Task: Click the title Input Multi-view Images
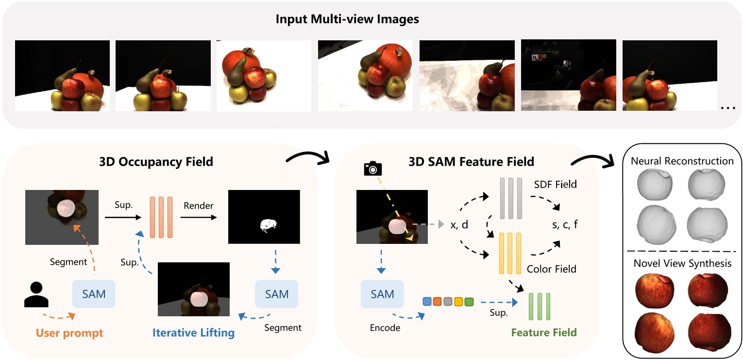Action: (347, 20)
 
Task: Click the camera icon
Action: (372, 168)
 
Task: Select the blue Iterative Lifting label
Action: (194, 333)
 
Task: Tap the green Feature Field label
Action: (544, 333)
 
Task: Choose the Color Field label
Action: (552, 269)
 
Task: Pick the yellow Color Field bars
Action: (510, 253)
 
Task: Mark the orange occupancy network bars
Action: (161, 217)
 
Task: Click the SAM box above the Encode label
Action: (382, 294)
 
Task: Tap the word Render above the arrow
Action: (199, 206)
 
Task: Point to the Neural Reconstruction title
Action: (682, 161)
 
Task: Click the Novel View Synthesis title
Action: (682, 263)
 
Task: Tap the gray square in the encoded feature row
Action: (448, 302)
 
